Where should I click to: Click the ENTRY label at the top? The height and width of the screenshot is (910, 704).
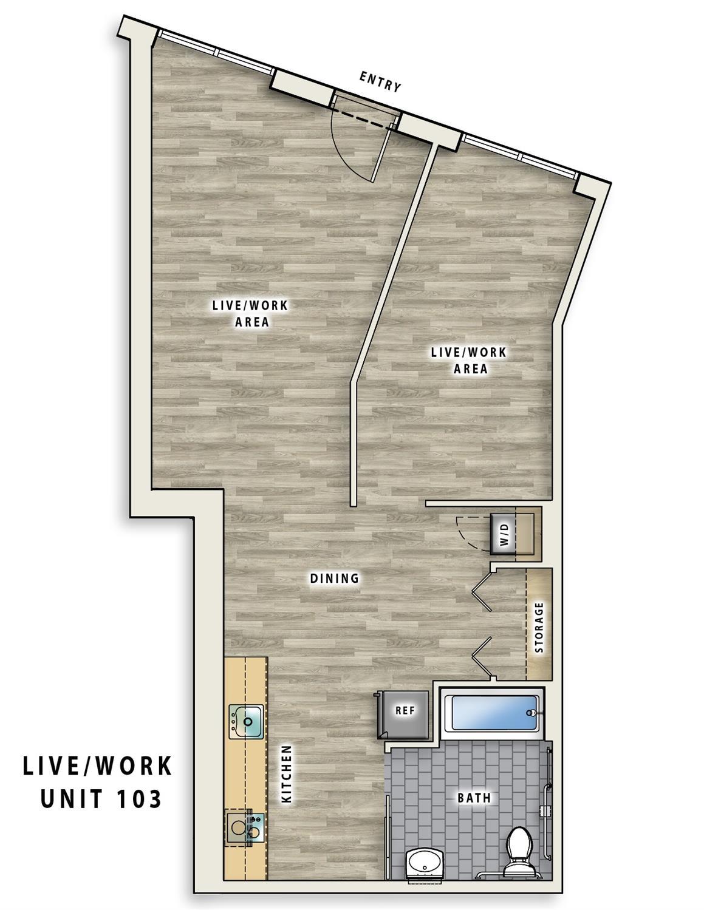tap(380, 81)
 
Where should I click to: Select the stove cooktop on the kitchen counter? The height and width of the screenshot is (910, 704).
tap(245, 827)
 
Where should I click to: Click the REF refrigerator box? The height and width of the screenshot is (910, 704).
tap(405, 710)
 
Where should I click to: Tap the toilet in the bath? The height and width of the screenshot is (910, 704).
tap(519, 845)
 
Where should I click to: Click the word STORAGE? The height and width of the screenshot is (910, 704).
tap(539, 628)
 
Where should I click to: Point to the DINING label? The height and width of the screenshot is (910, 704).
tap(335, 579)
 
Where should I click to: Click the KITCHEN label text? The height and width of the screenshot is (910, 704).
tap(287, 775)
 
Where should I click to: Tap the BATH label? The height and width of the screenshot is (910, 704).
tap(474, 798)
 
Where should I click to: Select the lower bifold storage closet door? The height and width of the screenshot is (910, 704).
tap(482, 657)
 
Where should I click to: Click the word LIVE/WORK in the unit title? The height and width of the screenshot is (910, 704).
tap(97, 766)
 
